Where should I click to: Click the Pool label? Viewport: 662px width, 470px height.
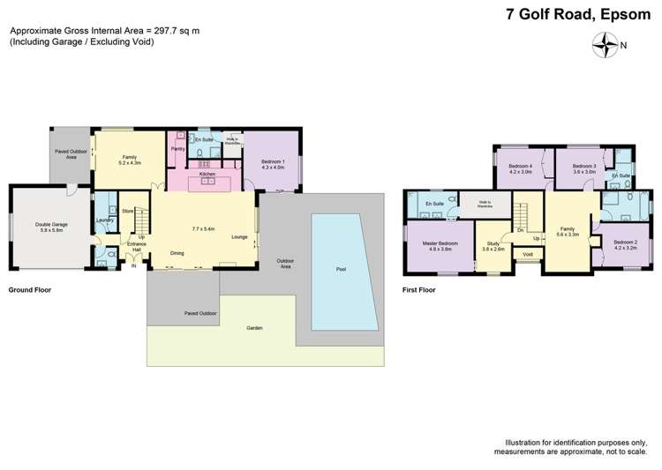[x=341, y=269]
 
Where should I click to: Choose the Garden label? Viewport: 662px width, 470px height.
[x=255, y=328]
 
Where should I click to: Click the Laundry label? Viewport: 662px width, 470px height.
[x=102, y=220]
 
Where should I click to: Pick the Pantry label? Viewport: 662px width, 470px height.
[x=177, y=149]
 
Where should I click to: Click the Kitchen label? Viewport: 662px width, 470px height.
[x=207, y=175]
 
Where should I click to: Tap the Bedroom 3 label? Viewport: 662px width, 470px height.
[x=583, y=167]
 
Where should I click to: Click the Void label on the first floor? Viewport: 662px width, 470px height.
[x=528, y=254]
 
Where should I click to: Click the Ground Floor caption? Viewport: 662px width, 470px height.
[x=28, y=289]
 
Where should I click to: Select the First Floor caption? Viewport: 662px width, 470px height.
[x=421, y=289]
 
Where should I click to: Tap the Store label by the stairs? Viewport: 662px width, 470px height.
[x=127, y=211]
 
